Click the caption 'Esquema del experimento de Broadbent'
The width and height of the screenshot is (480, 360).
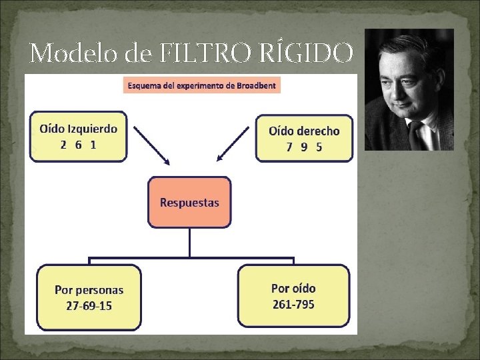[x=201, y=85]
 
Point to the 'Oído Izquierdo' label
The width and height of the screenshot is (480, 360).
[x=79, y=129]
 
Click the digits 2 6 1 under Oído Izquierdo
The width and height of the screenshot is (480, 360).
[x=78, y=145]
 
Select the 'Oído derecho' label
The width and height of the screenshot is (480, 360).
[x=304, y=131]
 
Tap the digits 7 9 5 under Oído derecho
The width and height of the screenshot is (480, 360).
[x=304, y=147]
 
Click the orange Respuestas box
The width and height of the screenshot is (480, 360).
[x=189, y=202]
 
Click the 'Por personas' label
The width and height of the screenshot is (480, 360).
[x=89, y=290]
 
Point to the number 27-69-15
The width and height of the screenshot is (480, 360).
[x=89, y=306]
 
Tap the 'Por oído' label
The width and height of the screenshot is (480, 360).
[x=293, y=289]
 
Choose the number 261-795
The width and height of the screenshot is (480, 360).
[x=293, y=305]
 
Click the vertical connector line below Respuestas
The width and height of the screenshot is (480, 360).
[x=189, y=242]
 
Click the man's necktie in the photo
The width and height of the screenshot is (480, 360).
[x=417, y=136]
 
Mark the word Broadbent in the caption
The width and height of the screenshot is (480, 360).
[x=255, y=85]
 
